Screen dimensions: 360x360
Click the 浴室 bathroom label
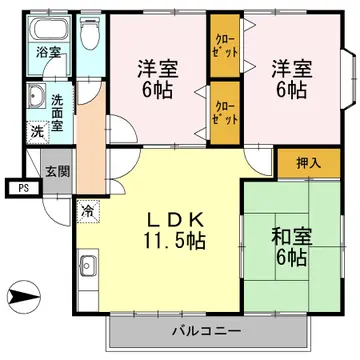(x=46, y=52)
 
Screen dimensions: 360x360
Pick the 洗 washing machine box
(x=37, y=131)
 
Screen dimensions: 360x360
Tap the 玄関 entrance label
(x=56, y=171)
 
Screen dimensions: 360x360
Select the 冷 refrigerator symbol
(x=89, y=211)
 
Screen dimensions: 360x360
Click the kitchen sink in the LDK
(x=88, y=267)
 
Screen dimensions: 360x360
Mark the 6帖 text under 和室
(x=292, y=259)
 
